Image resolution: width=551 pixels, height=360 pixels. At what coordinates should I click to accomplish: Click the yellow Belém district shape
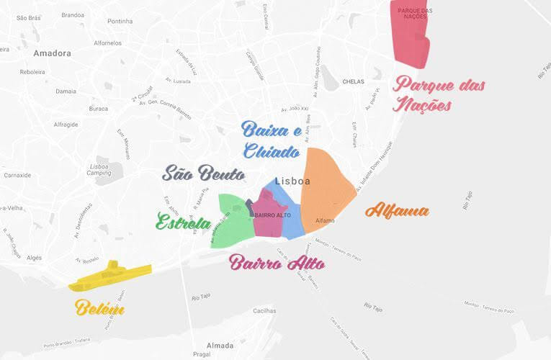tap(110, 275)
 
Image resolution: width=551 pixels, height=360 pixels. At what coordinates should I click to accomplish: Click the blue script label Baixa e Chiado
tap(271, 140)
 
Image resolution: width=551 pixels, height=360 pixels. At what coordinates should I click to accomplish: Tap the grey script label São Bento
tap(203, 174)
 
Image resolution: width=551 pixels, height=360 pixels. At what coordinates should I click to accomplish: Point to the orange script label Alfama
tap(397, 211)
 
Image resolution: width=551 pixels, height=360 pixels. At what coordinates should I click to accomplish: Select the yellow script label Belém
tap(99, 310)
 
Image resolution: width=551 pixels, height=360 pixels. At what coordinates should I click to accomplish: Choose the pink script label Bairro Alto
tap(277, 263)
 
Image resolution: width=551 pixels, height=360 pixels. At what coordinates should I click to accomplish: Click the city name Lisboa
tap(292, 181)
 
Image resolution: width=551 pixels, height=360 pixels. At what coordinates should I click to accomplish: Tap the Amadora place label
tap(52, 53)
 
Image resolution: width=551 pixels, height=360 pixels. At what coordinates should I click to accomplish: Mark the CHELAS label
tap(354, 82)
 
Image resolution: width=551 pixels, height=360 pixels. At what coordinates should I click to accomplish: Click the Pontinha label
tap(120, 22)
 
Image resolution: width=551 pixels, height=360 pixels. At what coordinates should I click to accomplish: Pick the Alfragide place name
tap(66, 124)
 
